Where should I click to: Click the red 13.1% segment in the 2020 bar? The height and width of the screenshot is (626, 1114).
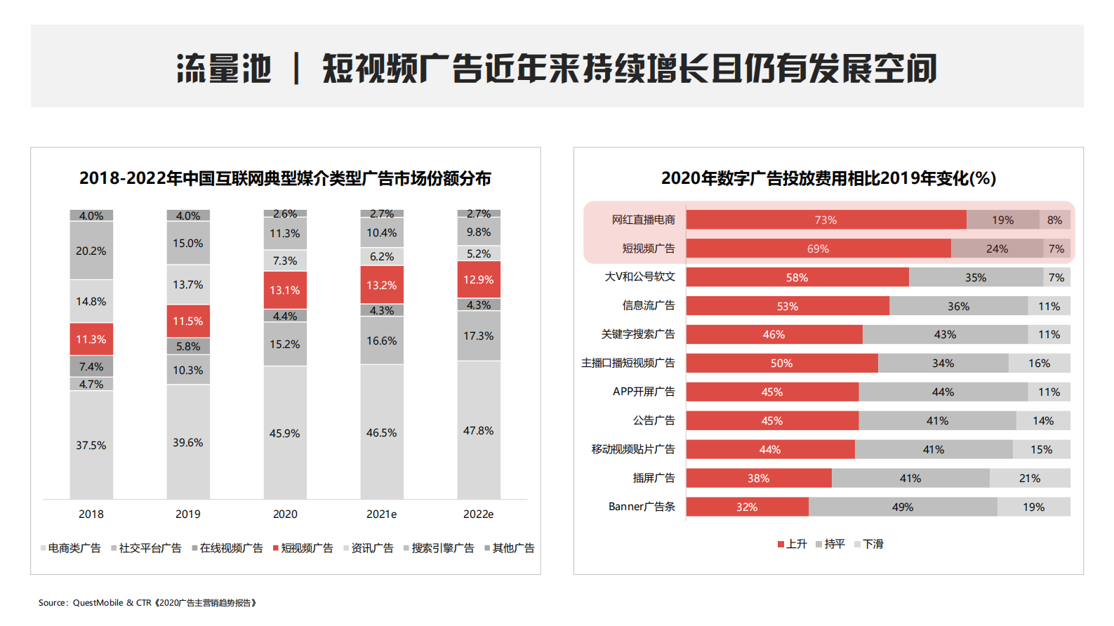pyautogui.click(x=285, y=290)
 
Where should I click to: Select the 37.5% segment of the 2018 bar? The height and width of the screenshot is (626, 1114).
pyautogui.click(x=91, y=445)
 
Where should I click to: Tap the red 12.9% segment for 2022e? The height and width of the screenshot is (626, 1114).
pyautogui.click(x=479, y=279)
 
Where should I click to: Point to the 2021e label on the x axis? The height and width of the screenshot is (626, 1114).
pyautogui.click(x=381, y=514)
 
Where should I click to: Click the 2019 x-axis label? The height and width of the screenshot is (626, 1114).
pyautogui.click(x=188, y=514)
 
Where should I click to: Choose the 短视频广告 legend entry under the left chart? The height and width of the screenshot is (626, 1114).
pyautogui.click(x=303, y=548)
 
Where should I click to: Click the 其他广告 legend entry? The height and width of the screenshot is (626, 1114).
pyautogui.click(x=510, y=548)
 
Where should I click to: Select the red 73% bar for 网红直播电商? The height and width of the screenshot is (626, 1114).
pyautogui.click(x=825, y=220)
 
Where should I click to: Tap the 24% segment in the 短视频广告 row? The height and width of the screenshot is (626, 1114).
pyautogui.click(x=997, y=248)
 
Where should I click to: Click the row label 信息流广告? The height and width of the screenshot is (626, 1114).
pyautogui.click(x=648, y=305)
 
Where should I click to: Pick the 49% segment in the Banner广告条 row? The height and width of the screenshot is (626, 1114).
pyautogui.click(x=903, y=507)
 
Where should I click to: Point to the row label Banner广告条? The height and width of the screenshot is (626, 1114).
pyautogui.click(x=642, y=507)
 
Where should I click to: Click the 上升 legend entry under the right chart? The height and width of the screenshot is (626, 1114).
pyautogui.click(x=793, y=544)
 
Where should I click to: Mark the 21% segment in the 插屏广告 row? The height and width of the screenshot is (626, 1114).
pyautogui.click(x=1030, y=478)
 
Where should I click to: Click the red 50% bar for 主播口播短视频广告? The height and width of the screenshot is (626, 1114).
pyautogui.click(x=781, y=363)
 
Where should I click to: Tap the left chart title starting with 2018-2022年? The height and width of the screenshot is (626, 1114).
pyautogui.click(x=285, y=178)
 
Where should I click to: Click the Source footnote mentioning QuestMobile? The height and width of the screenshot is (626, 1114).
pyautogui.click(x=147, y=603)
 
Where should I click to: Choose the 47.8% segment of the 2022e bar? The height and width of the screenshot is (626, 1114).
pyautogui.click(x=479, y=430)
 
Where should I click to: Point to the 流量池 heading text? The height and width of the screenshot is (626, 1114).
pyautogui.click(x=224, y=69)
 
